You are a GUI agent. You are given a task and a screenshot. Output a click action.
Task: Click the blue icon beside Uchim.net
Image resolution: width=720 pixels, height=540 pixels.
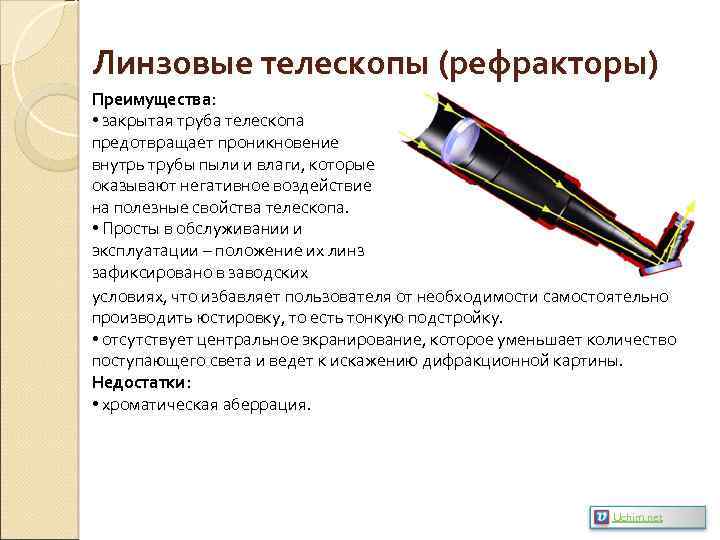[x=601, y=517]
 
